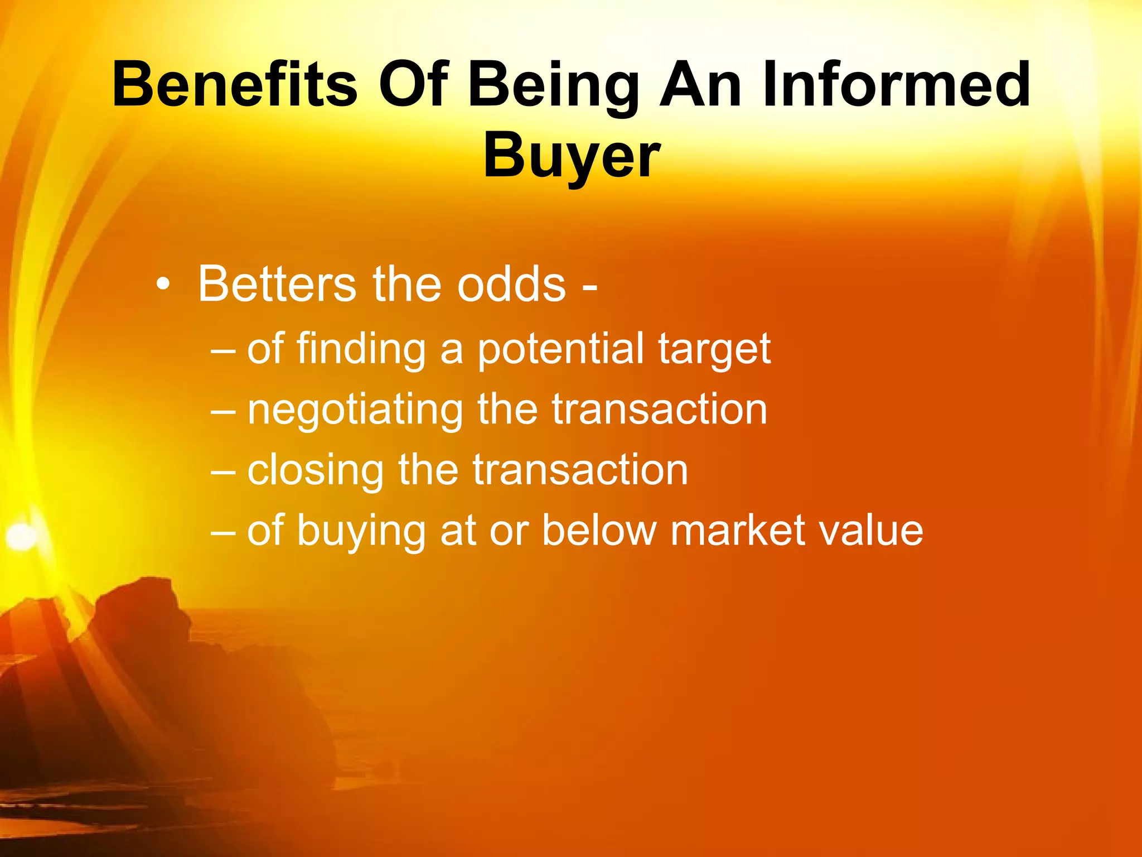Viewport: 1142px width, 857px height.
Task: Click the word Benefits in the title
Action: (x=234, y=85)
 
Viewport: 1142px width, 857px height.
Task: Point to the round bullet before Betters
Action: (x=162, y=285)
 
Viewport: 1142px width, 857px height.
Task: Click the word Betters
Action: (x=277, y=284)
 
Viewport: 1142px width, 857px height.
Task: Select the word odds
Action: (x=511, y=284)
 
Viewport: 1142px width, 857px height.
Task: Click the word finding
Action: (x=361, y=349)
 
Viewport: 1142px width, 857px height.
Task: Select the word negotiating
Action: (x=355, y=411)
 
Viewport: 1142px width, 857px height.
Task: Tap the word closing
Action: (x=316, y=471)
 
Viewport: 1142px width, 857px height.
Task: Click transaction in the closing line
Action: (x=580, y=470)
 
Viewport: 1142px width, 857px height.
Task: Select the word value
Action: (x=870, y=530)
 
